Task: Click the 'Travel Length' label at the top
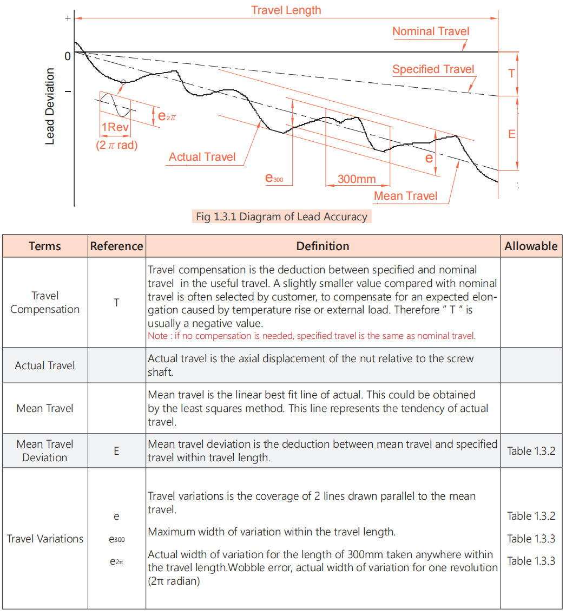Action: (x=286, y=10)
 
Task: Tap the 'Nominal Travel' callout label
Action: (x=431, y=31)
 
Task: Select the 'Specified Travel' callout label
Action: (x=433, y=69)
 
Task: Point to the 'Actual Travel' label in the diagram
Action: (x=202, y=157)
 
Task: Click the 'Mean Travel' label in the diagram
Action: (x=406, y=196)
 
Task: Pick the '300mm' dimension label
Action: (x=356, y=179)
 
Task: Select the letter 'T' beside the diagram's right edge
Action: (x=512, y=74)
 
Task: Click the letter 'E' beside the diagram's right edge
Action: (x=512, y=134)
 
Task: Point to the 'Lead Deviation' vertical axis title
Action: (x=50, y=106)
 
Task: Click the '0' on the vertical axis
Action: (x=67, y=56)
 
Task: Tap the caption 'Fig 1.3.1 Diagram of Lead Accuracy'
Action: (x=281, y=217)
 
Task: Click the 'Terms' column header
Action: (x=45, y=246)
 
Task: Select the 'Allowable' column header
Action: (x=531, y=246)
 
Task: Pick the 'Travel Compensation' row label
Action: (x=45, y=303)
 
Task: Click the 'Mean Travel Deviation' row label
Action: (x=45, y=450)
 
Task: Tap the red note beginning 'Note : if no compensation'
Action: (x=311, y=336)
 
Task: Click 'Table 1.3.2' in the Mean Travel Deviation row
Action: (x=531, y=451)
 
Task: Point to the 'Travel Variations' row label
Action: (x=45, y=539)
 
